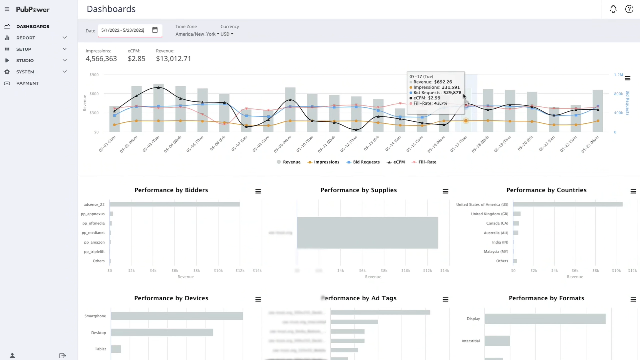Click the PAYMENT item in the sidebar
tap(27, 83)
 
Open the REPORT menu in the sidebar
tap(26, 38)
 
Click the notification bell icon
tap(613, 9)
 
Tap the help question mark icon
tap(629, 9)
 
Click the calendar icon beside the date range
tap(155, 30)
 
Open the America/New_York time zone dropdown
tap(197, 34)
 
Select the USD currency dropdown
tap(227, 34)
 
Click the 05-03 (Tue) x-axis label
tap(151, 144)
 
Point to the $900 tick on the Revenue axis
tap(94, 75)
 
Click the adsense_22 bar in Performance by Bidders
tap(174, 205)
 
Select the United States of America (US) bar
tap(567, 205)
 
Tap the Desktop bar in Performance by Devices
tap(162, 333)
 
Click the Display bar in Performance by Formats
tap(545, 319)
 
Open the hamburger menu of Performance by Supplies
tap(445, 192)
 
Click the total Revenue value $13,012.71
tap(173, 59)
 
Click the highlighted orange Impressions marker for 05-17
tap(466, 121)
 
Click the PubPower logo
tap(33, 9)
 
